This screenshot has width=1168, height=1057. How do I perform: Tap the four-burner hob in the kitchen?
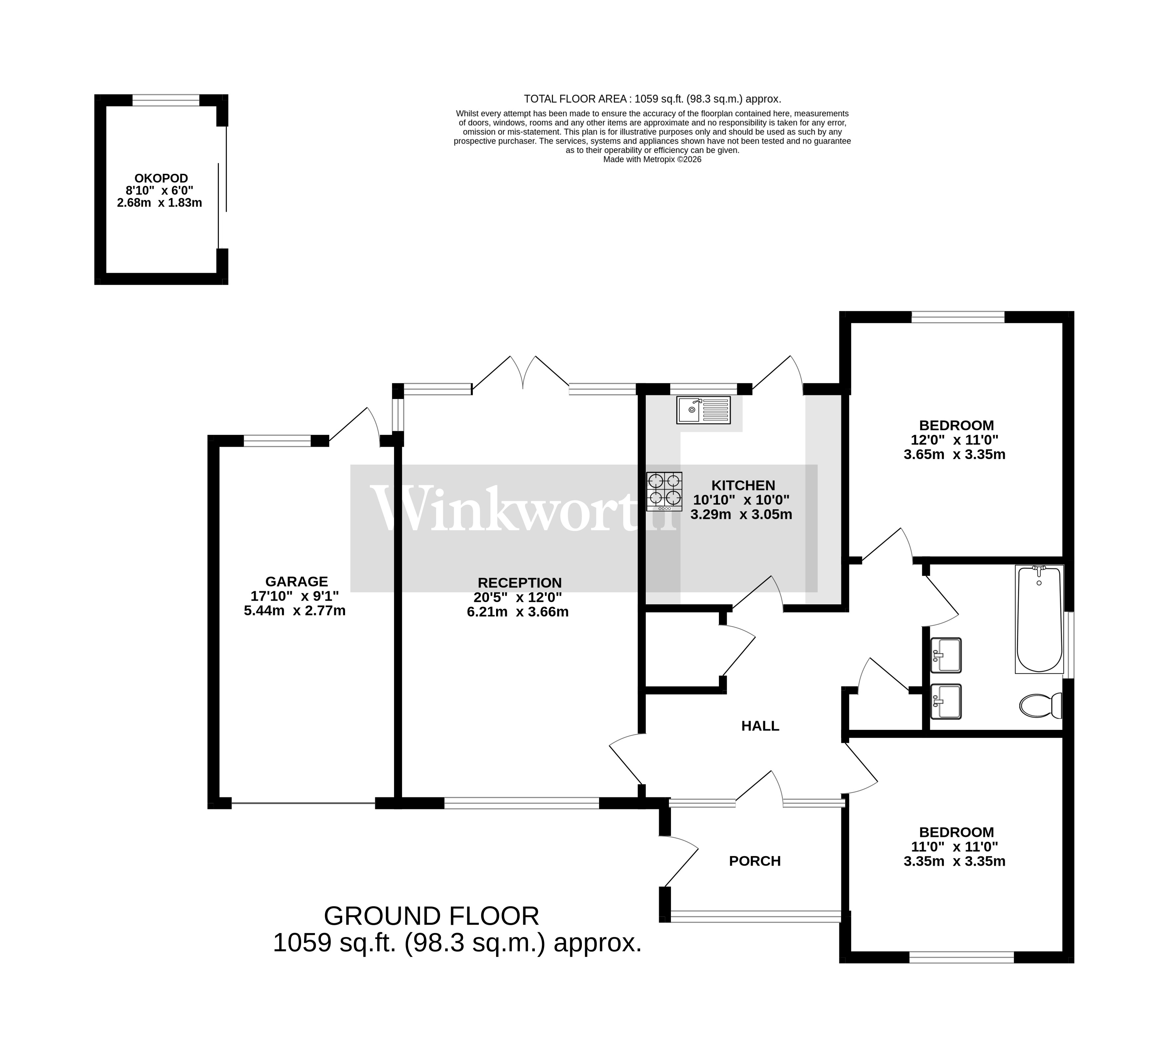[665, 490]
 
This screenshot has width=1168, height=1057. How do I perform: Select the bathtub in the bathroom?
[1040, 619]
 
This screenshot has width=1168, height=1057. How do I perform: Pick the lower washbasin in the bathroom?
[945, 701]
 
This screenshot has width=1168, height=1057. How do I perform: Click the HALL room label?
[760, 726]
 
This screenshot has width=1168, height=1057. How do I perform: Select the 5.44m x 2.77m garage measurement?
[294, 610]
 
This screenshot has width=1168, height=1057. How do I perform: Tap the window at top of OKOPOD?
[166, 100]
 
